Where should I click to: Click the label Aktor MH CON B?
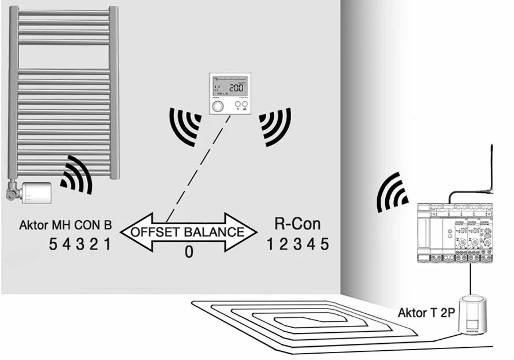coord(65,225)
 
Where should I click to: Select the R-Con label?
coord(296,224)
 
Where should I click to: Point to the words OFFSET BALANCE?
coord(187,232)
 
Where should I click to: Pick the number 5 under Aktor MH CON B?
coord(53,244)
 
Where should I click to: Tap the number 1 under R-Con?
coord(270,244)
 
